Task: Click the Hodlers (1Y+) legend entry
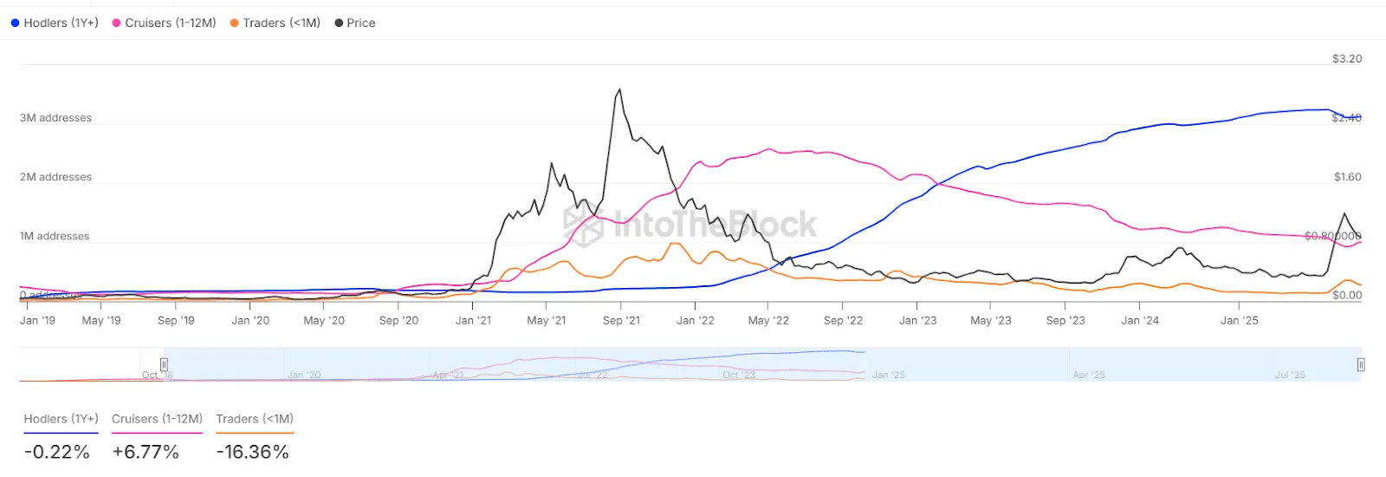coord(55,23)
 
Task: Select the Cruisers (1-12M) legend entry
coord(165,23)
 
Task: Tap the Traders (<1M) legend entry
coord(275,23)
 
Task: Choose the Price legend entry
coord(356,23)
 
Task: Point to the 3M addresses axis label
coord(55,118)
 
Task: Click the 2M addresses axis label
coord(55,177)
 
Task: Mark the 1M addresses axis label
coord(55,236)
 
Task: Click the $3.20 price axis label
coord(1346,59)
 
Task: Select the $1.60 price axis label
coord(1347,177)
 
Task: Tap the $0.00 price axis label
coord(1347,295)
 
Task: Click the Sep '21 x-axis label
coord(621,320)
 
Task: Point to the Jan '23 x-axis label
coord(917,320)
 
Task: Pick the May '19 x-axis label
coord(101,320)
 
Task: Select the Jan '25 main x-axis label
coord(1239,320)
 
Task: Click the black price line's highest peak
coord(619,89)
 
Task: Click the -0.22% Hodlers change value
coord(57,452)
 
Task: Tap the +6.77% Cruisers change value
coord(146,452)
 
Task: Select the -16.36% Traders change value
coord(253,452)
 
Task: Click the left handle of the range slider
coord(164,364)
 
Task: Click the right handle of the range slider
coord(1361,364)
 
